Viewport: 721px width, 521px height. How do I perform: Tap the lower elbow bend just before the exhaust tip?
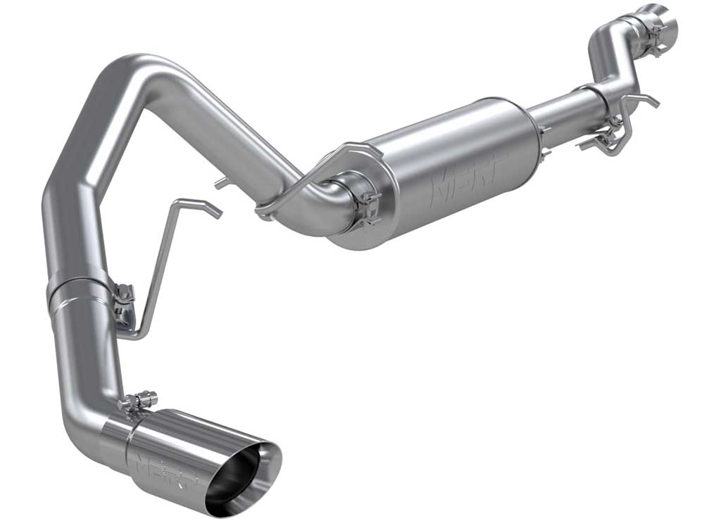84,422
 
